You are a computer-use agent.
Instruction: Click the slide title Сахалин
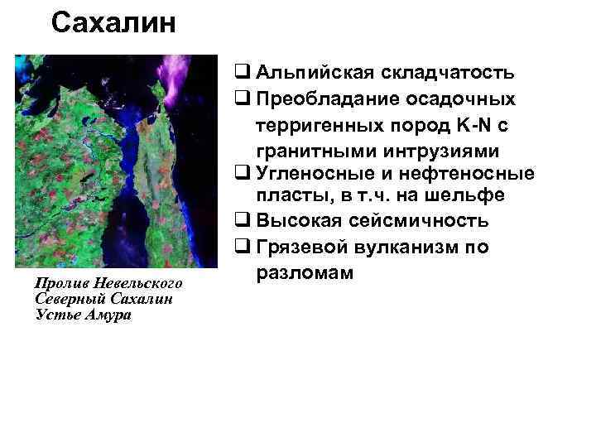pos(113,23)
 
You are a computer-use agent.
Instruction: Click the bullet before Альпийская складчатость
pos(241,72)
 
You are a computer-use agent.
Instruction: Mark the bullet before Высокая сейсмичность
pos(241,222)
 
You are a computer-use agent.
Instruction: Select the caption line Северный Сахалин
pos(103,299)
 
